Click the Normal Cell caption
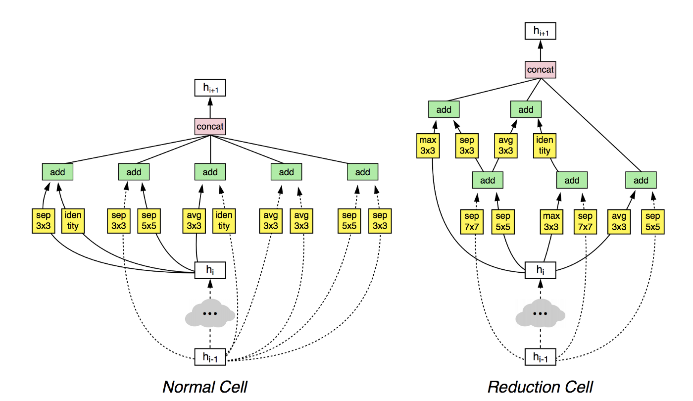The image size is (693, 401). tap(205, 387)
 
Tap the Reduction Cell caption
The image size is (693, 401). tap(540, 387)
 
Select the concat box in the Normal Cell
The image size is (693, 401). tap(210, 126)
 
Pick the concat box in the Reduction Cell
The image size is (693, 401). tap(540, 70)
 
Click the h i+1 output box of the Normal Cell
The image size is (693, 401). tap(210, 88)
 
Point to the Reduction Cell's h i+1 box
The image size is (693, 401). tap(540, 31)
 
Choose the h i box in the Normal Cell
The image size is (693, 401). tap(210, 270)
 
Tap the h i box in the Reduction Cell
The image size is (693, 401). tap(540, 270)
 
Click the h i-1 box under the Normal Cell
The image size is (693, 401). tap(210, 357)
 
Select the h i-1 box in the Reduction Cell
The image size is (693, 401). tap(540, 357)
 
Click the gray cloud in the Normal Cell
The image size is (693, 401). tap(210, 313)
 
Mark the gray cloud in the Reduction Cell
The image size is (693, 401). tap(540, 313)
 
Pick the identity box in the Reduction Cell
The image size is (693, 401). tap(544, 146)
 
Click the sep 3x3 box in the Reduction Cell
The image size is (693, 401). tap(467, 146)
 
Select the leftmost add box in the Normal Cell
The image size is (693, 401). tap(57, 172)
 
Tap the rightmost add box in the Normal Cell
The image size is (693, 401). tap(362, 172)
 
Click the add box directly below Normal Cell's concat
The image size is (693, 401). tap(210, 172)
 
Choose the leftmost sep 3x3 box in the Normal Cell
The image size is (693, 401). tap(44, 221)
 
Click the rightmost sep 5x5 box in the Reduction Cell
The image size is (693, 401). tap(653, 222)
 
